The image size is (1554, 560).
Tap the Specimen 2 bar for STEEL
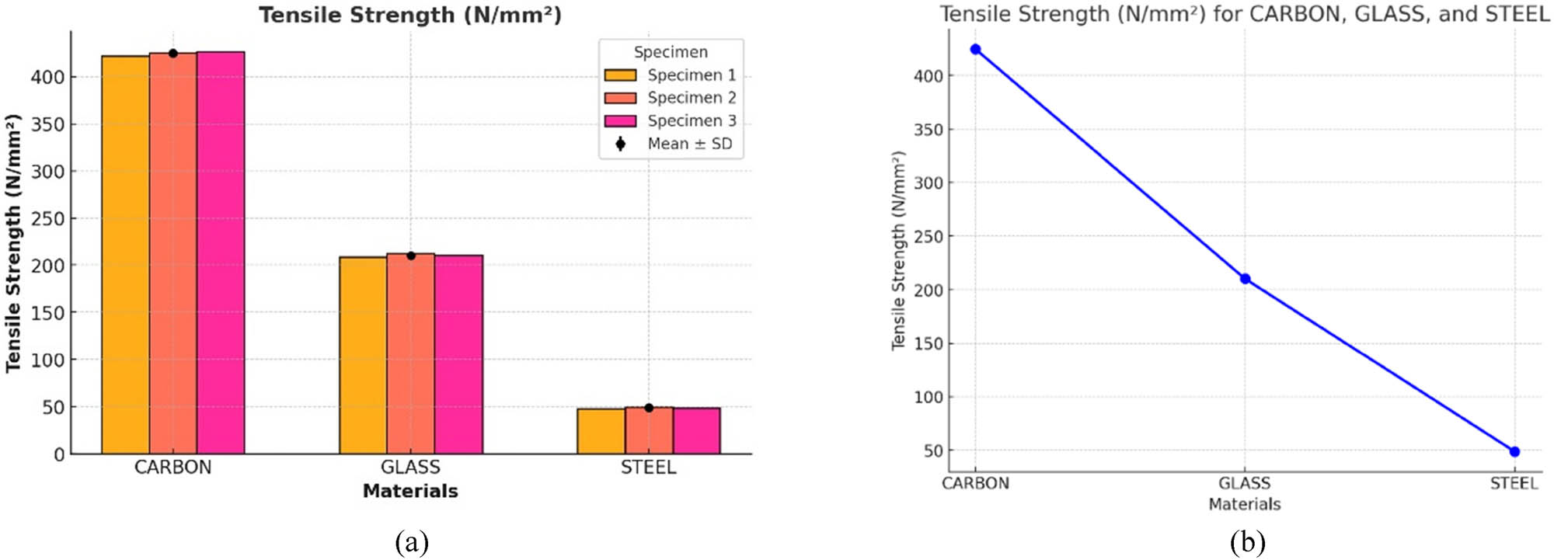(649, 431)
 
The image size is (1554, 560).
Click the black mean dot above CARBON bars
(173, 54)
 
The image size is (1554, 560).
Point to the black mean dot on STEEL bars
(649, 408)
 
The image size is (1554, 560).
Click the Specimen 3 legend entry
(670, 121)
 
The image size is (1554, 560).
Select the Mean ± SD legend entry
(670, 144)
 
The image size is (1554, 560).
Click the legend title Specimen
(671, 52)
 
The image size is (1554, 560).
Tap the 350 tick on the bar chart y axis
(47, 124)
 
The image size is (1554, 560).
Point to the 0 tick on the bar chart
(59, 454)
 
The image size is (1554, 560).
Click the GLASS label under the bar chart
(410, 468)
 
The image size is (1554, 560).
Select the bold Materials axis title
(410, 491)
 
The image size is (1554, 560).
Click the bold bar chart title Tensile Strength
(410, 15)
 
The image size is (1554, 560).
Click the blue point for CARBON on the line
(976, 50)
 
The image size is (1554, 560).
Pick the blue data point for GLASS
(1245, 279)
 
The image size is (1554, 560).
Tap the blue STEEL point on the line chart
(1514, 451)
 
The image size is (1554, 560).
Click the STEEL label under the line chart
(1514, 484)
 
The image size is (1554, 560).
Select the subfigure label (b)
(1247, 541)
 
